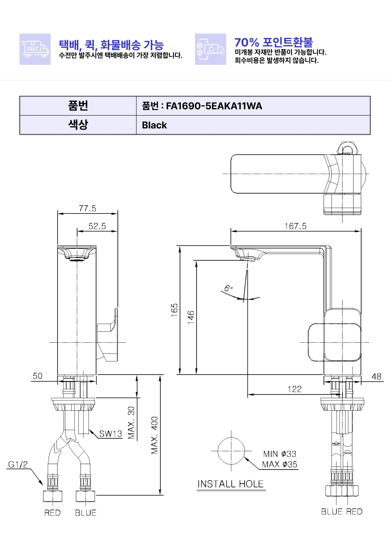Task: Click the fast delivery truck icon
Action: pos(35,49)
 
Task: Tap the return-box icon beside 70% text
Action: pos(211,49)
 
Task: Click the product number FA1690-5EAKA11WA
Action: pos(214,106)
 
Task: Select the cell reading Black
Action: pos(154,125)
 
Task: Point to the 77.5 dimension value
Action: pos(87,208)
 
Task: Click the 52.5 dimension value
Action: pos(97,226)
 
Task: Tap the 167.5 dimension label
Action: pos(296,226)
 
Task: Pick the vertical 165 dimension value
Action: pos(174,310)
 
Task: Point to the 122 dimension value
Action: pos(294,389)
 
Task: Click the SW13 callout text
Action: pos(110,434)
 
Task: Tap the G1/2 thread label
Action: pos(18,465)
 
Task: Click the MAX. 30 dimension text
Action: pos(131,423)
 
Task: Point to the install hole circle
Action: pos(231,451)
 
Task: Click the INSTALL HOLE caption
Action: pos(230,484)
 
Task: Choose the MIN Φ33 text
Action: pos(280,454)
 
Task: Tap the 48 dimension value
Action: pos(376,377)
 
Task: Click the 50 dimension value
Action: pos(37,376)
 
